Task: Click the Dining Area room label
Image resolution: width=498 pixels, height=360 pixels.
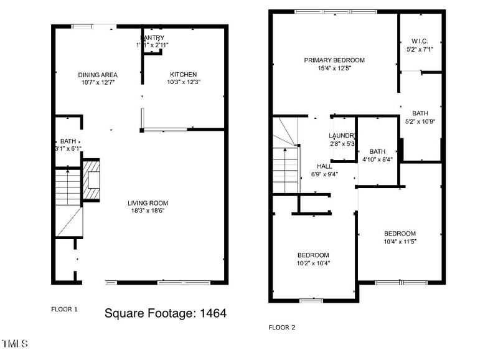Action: [x=98, y=74]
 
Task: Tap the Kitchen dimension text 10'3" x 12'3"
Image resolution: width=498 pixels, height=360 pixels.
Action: [x=184, y=82]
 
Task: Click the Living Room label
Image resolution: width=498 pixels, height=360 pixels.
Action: [x=148, y=203]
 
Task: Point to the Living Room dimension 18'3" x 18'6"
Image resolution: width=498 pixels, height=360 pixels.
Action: [x=148, y=211]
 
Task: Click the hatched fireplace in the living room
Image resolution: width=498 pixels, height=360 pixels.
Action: [x=92, y=180]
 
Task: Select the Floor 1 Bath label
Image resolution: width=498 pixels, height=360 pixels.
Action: [x=67, y=141]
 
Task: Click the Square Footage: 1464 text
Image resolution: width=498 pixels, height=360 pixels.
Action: [x=165, y=313]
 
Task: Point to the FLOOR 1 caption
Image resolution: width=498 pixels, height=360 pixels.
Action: [x=64, y=309]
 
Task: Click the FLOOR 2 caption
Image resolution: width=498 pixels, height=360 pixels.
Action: [x=282, y=327]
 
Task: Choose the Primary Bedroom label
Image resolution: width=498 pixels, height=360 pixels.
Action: [x=334, y=60]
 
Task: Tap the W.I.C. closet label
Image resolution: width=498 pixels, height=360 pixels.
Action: [x=420, y=40]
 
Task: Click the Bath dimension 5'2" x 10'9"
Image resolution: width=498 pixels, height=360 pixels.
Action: [x=420, y=121]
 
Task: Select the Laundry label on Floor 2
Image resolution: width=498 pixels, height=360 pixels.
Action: [x=342, y=136]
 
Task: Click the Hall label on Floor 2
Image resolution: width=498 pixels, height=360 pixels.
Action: [x=324, y=166]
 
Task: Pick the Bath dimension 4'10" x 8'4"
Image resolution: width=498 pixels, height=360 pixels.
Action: [x=377, y=159]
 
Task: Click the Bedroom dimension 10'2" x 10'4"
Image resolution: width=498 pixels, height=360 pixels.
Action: [x=313, y=263]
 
